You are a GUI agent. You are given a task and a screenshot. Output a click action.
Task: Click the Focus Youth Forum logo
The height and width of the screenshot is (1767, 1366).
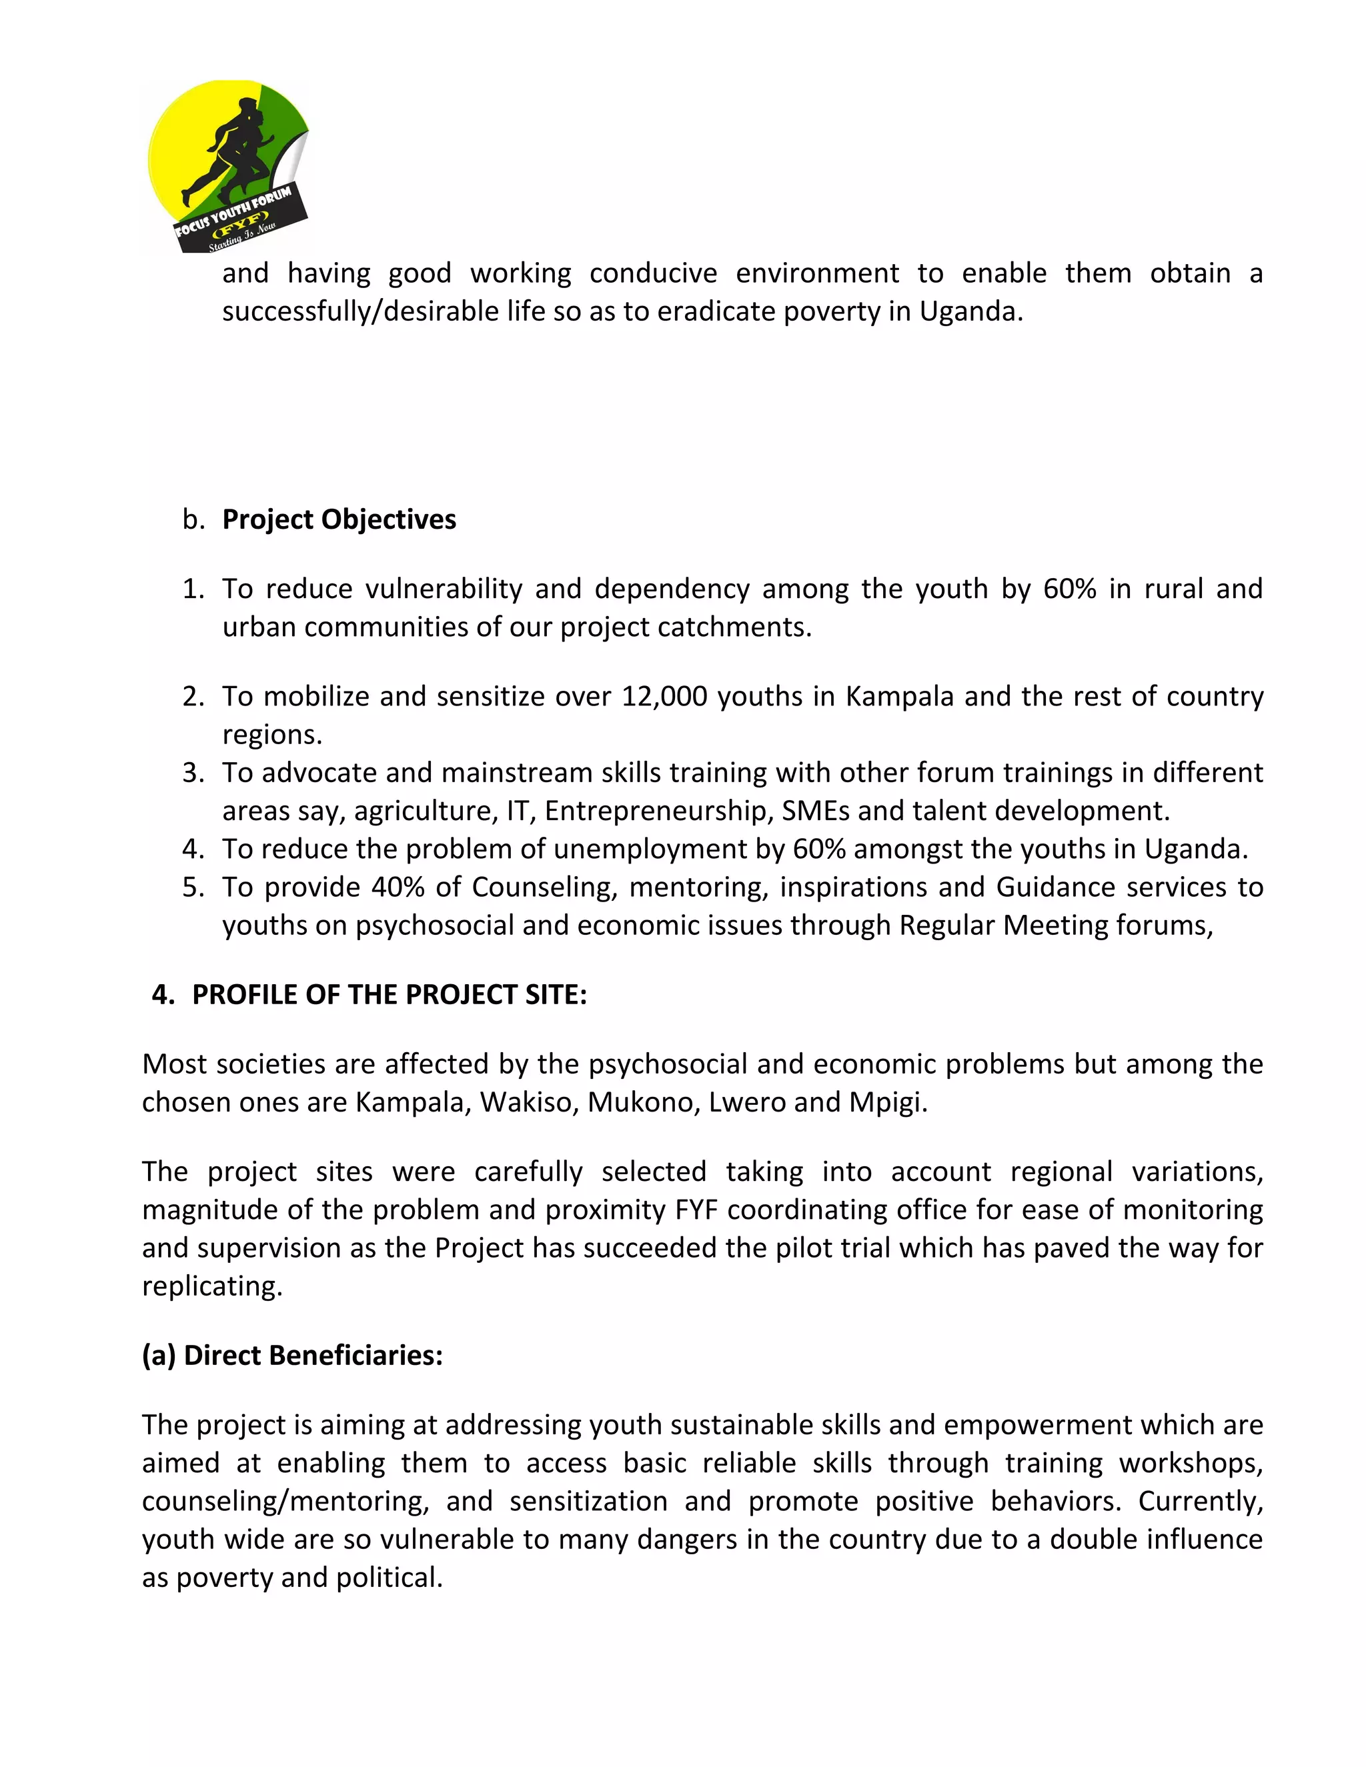[x=227, y=166]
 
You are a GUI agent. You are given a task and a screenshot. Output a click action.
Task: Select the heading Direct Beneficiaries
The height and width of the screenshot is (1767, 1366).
[x=292, y=1355]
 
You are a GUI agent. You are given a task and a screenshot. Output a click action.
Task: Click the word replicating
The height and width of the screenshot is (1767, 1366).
[x=212, y=1286]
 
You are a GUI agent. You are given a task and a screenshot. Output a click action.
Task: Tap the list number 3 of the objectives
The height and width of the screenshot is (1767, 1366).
[x=193, y=773]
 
